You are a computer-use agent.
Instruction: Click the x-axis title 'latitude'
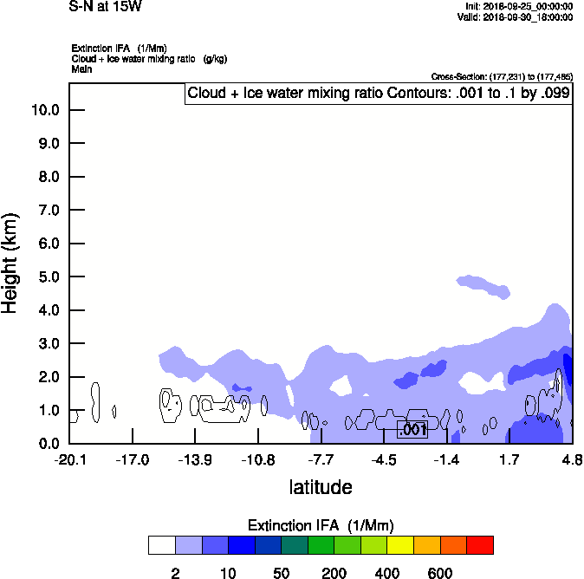321,487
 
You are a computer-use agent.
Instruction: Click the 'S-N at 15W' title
106,7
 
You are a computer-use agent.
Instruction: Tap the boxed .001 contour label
412,429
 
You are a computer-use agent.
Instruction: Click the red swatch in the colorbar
480,544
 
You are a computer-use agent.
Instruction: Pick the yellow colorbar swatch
400,544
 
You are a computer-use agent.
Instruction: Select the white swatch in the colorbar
162,544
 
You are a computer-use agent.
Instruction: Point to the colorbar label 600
440,573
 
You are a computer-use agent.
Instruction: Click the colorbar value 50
282,573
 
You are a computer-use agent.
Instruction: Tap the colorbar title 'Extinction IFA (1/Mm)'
321,525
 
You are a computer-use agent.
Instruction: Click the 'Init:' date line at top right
518,6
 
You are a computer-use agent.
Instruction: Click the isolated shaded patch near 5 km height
483,286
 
